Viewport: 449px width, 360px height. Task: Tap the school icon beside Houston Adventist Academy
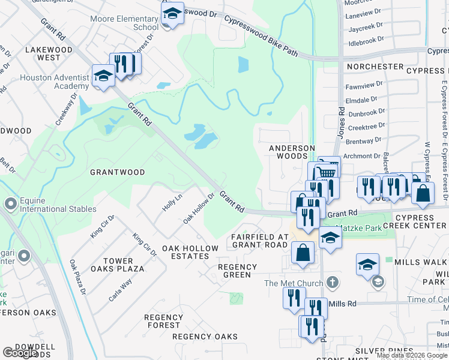103,76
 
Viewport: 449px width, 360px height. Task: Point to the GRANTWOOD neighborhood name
117,172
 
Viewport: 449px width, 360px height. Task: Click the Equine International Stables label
58,205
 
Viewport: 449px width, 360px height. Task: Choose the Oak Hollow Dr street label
199,207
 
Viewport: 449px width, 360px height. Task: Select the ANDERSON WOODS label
292,152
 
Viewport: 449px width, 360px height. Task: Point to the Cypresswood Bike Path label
261,37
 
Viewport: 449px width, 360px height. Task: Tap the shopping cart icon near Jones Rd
327,170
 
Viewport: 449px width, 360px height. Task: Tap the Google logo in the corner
20,352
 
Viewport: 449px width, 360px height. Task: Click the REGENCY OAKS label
205,337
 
